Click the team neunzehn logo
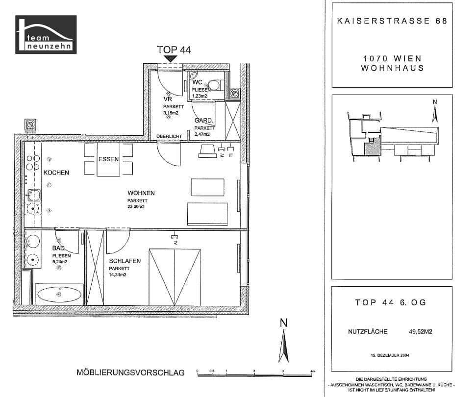click(x=46, y=34)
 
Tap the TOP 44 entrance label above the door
click(x=173, y=50)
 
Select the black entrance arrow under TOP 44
click(x=170, y=58)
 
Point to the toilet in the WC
click(x=214, y=85)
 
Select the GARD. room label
click(x=203, y=120)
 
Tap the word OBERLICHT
click(x=169, y=136)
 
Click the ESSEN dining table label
click(x=108, y=159)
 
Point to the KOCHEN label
click(x=56, y=173)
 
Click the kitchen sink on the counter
click(x=33, y=196)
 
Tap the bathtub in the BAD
click(x=59, y=295)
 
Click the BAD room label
click(x=58, y=248)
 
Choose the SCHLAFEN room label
click(x=125, y=261)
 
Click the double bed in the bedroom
click(x=175, y=277)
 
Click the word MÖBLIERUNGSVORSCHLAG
click(x=131, y=373)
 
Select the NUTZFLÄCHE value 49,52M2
click(x=421, y=332)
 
